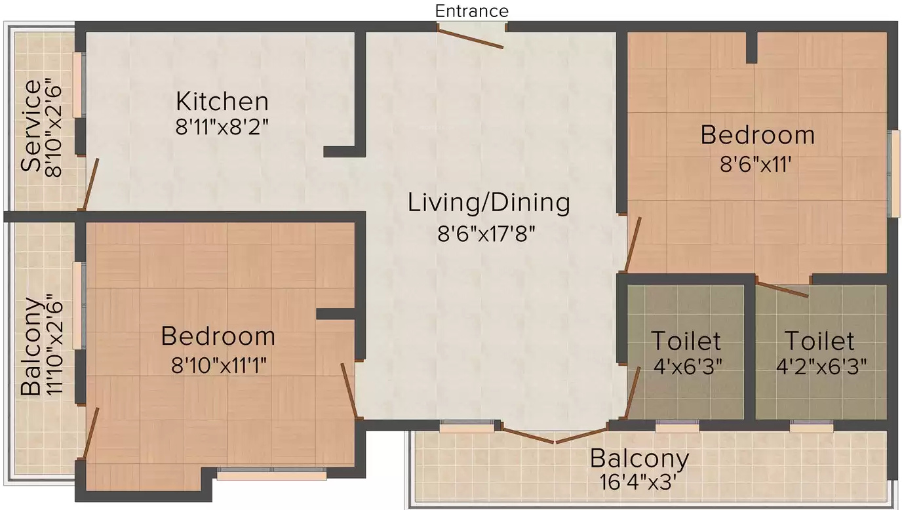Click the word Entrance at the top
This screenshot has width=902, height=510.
point(471,11)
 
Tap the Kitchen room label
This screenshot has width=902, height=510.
point(222,102)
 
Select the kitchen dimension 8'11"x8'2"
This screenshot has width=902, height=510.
point(222,127)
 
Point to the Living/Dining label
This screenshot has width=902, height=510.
point(489,203)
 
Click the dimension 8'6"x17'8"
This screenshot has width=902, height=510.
point(486,234)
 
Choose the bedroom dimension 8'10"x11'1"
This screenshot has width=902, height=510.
point(219,366)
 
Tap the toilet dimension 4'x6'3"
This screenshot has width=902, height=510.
point(688,366)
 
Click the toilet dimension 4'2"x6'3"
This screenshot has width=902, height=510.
point(821,366)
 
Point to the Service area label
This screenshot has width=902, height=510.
point(31,126)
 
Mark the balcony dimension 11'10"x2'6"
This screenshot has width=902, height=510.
point(54,345)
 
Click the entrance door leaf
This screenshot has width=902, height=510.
point(470,38)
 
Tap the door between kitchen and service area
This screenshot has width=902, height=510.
point(90,184)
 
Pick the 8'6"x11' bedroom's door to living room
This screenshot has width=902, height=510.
point(633,244)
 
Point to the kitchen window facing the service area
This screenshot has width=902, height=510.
point(79,85)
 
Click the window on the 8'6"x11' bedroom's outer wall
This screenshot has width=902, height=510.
point(895,174)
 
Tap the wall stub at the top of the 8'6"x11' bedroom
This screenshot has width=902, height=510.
point(751,47)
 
